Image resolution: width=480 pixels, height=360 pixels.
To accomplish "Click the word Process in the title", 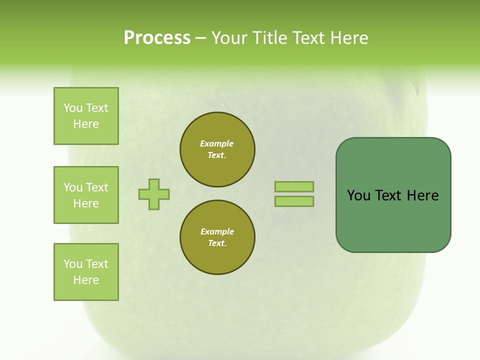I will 157,38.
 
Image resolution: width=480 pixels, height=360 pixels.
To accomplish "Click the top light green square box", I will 86,116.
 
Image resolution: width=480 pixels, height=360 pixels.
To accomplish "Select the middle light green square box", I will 86,195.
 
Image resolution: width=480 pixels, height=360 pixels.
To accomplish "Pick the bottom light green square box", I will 86,272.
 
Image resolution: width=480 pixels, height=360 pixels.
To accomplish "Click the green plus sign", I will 154,194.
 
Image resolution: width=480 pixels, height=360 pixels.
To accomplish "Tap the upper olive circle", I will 217,149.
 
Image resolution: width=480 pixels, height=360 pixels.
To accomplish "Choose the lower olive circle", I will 217,237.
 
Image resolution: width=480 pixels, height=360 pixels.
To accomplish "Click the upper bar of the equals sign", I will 294,186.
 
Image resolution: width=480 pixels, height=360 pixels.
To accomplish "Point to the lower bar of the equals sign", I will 294,201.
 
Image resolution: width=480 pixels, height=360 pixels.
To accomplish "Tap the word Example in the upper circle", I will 217,143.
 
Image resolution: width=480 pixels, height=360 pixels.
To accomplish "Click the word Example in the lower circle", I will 217,231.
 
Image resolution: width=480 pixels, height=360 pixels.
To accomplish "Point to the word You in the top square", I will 73,108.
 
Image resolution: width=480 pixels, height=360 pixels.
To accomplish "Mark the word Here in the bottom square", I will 86,280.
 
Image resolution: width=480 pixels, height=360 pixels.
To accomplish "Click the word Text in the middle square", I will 97,187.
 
